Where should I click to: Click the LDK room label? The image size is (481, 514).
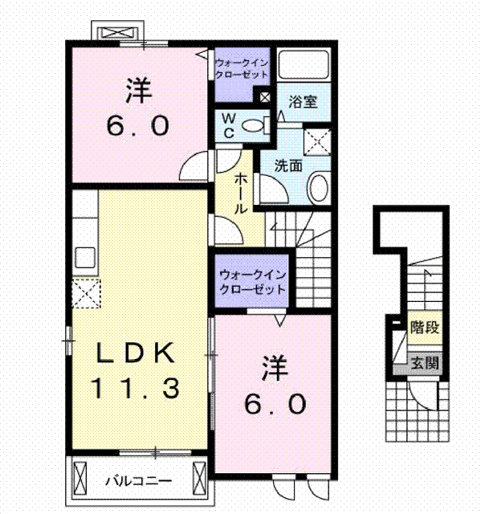pyautogui.click(x=135, y=353)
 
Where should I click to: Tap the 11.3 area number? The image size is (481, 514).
pyautogui.click(x=135, y=388)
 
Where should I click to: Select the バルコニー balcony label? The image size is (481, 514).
pyautogui.click(x=139, y=481)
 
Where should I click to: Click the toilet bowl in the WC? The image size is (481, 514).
pyautogui.click(x=253, y=125)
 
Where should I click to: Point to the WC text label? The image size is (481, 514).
pyautogui.click(x=228, y=126)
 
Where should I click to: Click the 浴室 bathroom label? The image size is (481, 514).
pyautogui.click(x=303, y=102)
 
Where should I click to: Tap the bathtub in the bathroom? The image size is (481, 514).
pyautogui.click(x=304, y=63)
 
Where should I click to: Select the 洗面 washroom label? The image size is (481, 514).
pyautogui.click(x=288, y=166)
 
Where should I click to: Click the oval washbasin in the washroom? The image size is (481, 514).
pyautogui.click(x=319, y=188)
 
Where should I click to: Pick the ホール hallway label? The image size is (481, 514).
pyautogui.click(x=241, y=194)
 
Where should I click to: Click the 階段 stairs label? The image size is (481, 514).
pyautogui.click(x=425, y=328)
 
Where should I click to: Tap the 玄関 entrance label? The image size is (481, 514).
pyautogui.click(x=425, y=363)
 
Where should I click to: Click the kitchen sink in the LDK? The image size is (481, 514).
pyautogui.click(x=85, y=258)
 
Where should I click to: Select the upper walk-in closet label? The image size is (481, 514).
pyautogui.click(x=242, y=68)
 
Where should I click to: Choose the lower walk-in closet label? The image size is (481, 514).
pyautogui.click(x=253, y=282)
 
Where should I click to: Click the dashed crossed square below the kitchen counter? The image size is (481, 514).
pyautogui.click(x=86, y=293)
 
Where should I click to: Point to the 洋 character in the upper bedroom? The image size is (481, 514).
pyautogui.click(x=138, y=91)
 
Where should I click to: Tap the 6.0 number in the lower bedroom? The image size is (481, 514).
pyautogui.click(x=275, y=404)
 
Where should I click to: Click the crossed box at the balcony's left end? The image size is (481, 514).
pyautogui.click(x=80, y=478)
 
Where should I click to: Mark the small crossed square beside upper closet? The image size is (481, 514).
pyautogui.click(x=265, y=97)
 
